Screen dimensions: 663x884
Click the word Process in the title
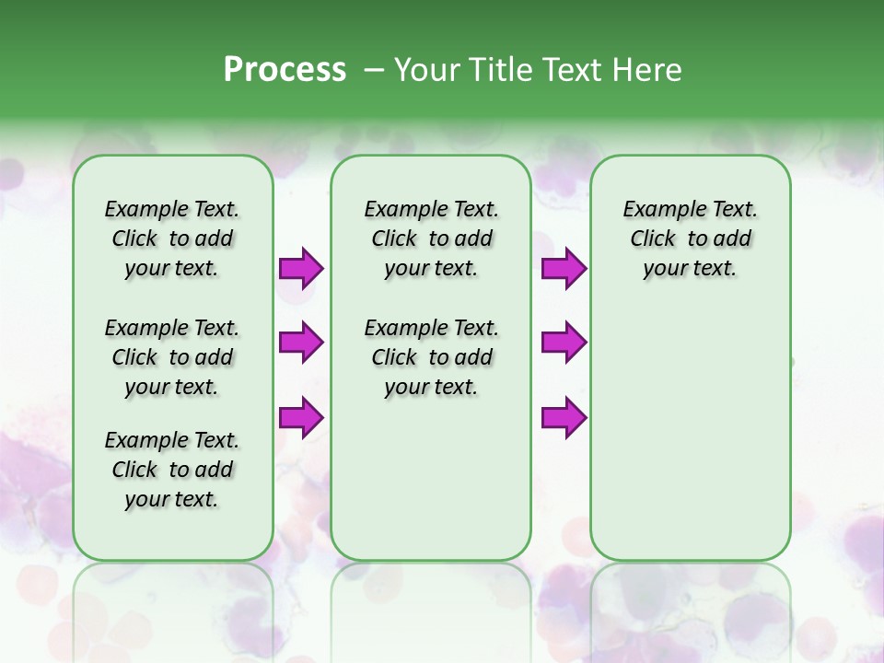click(x=285, y=70)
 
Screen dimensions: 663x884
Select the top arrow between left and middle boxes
click(x=301, y=269)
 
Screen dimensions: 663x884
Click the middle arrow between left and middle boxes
click(x=301, y=343)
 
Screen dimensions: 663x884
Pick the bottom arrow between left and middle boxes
click(x=301, y=417)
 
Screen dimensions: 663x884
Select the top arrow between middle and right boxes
click(x=564, y=269)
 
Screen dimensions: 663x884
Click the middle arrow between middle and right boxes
click(x=564, y=343)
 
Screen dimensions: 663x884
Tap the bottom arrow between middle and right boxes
click(x=564, y=417)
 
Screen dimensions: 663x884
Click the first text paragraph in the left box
click(x=172, y=238)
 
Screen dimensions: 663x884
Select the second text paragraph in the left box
click(x=172, y=357)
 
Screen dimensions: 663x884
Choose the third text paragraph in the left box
click(x=172, y=470)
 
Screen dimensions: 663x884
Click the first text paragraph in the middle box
click(x=431, y=238)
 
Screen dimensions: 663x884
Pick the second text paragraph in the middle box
click(x=431, y=357)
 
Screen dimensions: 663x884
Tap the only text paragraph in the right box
click(x=690, y=238)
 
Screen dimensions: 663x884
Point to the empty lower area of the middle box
click(x=431, y=479)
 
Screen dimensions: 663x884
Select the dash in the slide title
click(x=374, y=70)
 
